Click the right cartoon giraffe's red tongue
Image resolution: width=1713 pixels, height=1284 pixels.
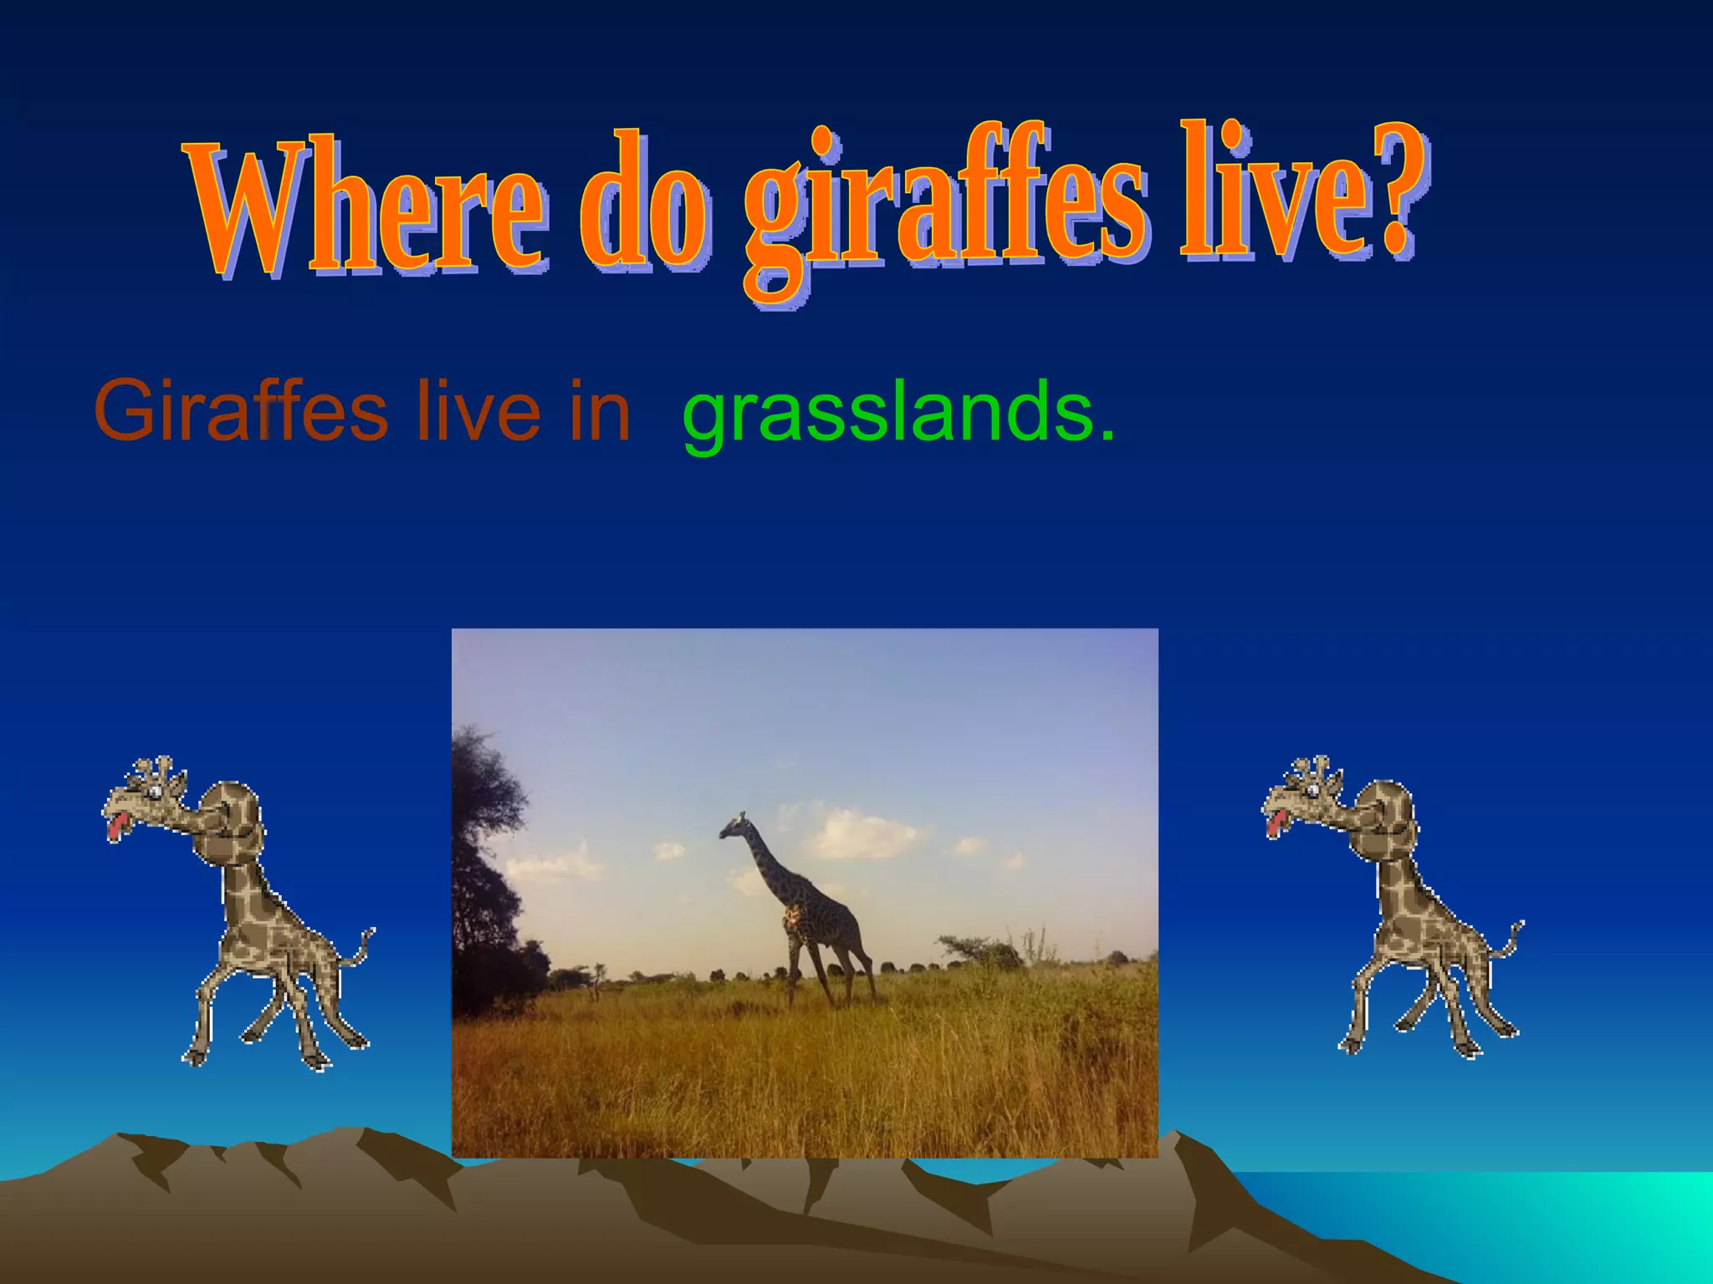click(1274, 824)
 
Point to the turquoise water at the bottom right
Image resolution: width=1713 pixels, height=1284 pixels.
click(1547, 1212)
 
